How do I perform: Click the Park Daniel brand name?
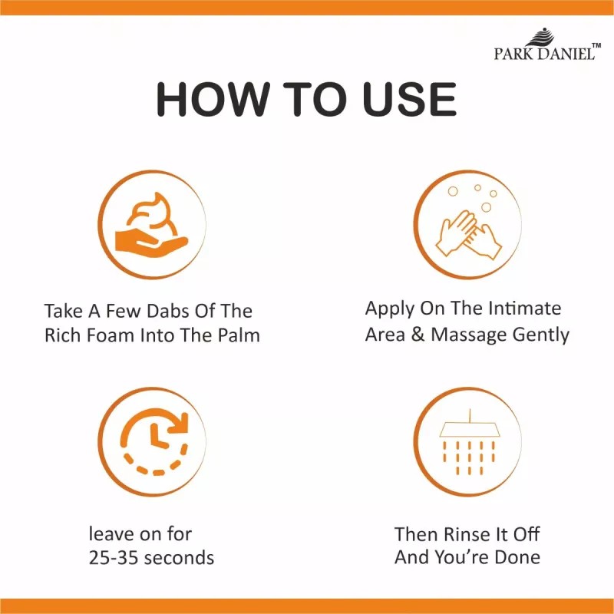pos(544,53)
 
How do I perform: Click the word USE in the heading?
pos(409,99)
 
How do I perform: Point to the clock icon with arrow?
pos(155,442)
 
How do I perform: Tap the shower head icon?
pos(468,443)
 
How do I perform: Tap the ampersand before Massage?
pos(418,335)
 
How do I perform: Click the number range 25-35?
pos(113,558)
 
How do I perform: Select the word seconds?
pos(179,558)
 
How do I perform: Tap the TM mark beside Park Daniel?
pos(596,46)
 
